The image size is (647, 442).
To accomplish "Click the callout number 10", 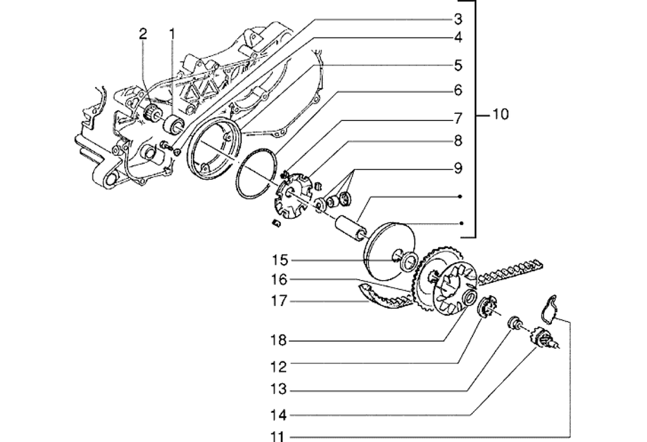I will [500, 115].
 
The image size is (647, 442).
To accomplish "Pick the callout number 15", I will [280, 260].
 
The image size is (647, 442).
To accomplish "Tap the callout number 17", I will [280, 301].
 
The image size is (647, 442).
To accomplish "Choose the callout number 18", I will [280, 341].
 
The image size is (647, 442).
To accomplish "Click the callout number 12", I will [280, 366].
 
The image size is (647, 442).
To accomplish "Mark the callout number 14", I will [280, 414].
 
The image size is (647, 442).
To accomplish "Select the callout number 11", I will [280, 437].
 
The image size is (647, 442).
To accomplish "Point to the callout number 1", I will [172, 34].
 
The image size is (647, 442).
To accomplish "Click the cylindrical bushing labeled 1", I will [175, 123].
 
